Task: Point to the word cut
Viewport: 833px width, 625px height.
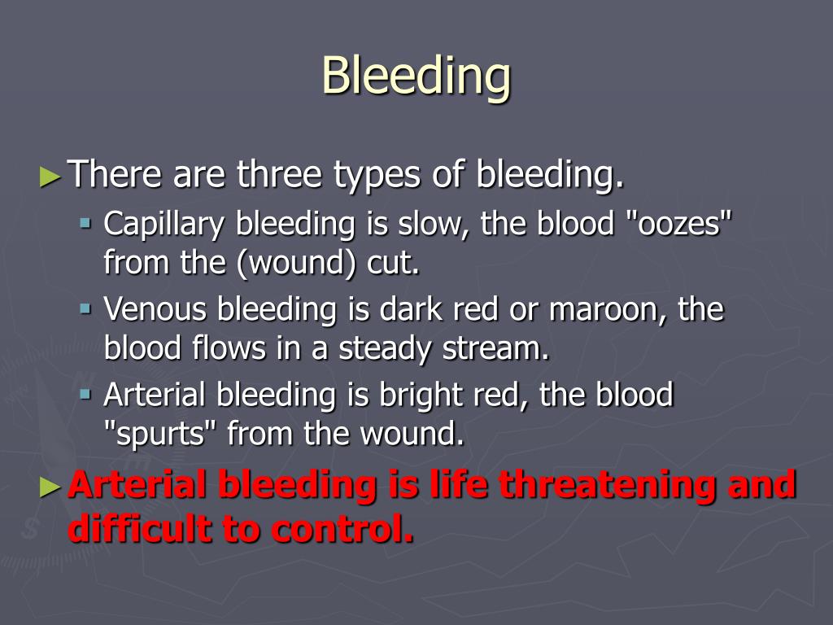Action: click(x=393, y=262)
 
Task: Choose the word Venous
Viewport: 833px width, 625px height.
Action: click(x=155, y=309)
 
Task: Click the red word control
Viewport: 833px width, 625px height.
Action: click(x=341, y=528)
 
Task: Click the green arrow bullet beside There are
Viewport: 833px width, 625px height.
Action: click(x=50, y=177)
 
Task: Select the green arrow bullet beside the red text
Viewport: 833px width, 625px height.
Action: click(x=50, y=487)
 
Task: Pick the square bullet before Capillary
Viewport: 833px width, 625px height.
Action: click(x=85, y=222)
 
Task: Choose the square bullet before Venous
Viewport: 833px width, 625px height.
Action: click(x=85, y=308)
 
